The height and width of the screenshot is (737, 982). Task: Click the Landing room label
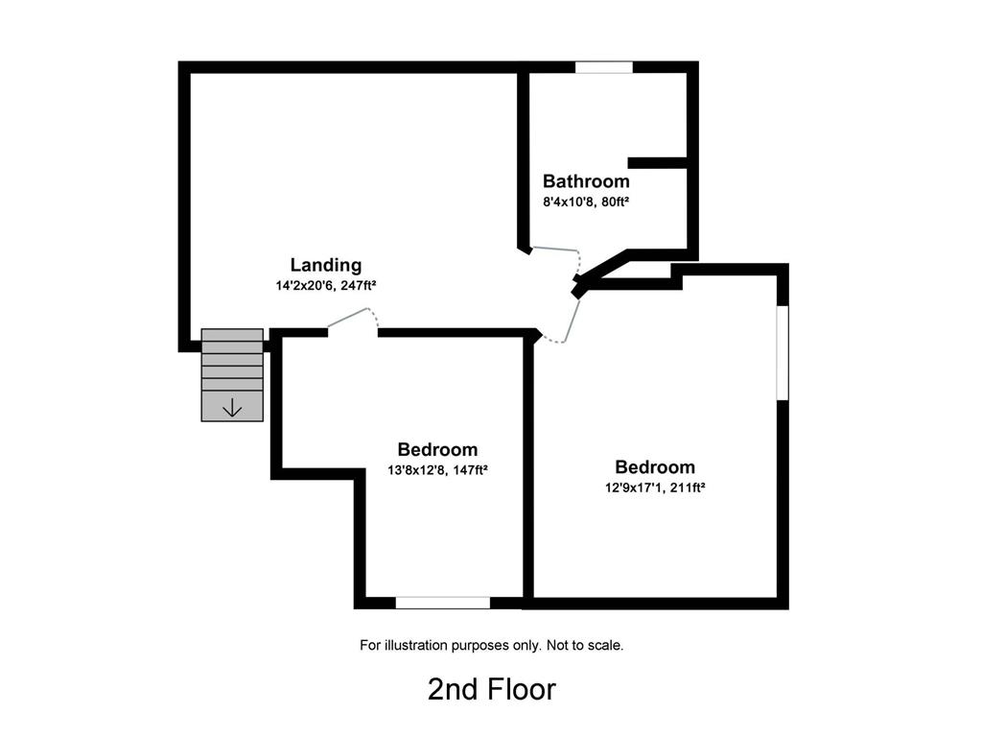[326, 265]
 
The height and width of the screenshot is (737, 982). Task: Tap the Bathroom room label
[586, 180]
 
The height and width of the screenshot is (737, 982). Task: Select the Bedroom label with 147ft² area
[437, 449]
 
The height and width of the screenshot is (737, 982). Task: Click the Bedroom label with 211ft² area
[655, 467]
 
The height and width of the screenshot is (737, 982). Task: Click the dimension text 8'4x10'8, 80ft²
[586, 202]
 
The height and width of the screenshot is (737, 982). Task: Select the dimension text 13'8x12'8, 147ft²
[437, 469]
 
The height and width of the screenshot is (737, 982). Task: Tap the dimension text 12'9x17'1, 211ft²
[655, 487]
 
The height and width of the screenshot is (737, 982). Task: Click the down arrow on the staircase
[232, 408]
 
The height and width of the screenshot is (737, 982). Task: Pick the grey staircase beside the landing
[232, 373]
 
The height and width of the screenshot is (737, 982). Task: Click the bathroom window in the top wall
[604, 67]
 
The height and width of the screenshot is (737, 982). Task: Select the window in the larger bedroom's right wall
[782, 352]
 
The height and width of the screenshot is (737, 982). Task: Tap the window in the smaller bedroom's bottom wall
[443, 603]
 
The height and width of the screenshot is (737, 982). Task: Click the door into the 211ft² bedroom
[573, 318]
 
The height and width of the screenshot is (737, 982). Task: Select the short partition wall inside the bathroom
[658, 163]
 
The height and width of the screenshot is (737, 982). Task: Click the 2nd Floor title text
[491, 689]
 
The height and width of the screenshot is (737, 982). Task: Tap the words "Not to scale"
[585, 646]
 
